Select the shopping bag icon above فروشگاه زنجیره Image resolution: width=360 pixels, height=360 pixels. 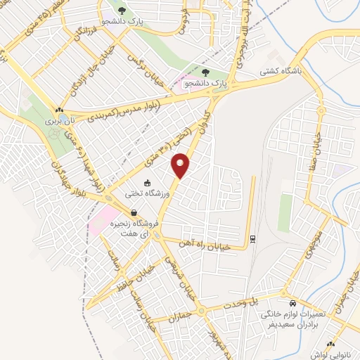(x=133, y=213)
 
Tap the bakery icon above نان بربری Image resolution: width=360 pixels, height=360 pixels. (x=60, y=110)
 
